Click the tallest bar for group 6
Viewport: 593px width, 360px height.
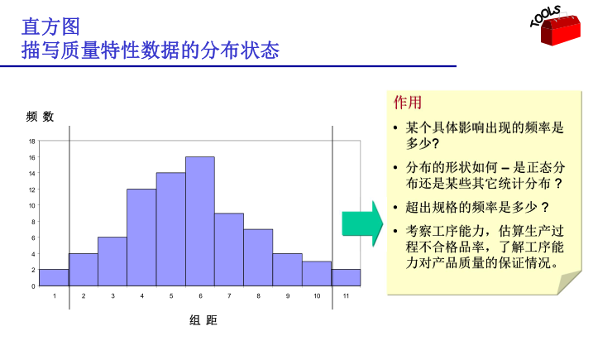pos(200,221)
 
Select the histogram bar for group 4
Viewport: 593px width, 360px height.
pos(141,238)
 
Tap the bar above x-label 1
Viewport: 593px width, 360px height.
pos(54,277)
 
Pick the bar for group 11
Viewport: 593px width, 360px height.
pos(346,277)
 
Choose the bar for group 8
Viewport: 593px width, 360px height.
pos(258,257)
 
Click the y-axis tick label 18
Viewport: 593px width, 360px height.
pos(31,142)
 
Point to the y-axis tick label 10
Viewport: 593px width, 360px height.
pos(31,205)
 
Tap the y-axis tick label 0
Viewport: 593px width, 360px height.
pos(33,286)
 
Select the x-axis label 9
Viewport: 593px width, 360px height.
pos(288,295)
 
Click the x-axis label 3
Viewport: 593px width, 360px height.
pos(112,295)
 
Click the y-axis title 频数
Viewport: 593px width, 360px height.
pos(40,117)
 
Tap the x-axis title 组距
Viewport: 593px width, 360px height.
pos(203,320)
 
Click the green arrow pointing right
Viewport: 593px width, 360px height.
pos(362,223)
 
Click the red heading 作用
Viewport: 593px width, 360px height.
pos(408,103)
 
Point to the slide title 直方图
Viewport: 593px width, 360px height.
pos(50,26)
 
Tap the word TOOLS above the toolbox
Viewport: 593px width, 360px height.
pos(545,16)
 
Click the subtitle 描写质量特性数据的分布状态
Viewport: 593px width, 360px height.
pos(151,50)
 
